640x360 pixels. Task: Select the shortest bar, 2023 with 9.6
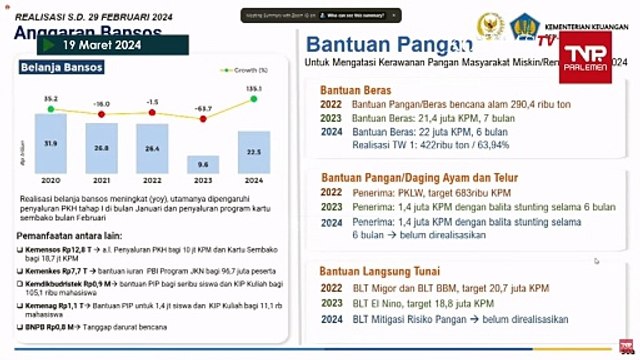click(x=203, y=163)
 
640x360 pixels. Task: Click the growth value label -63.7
click(x=203, y=107)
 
